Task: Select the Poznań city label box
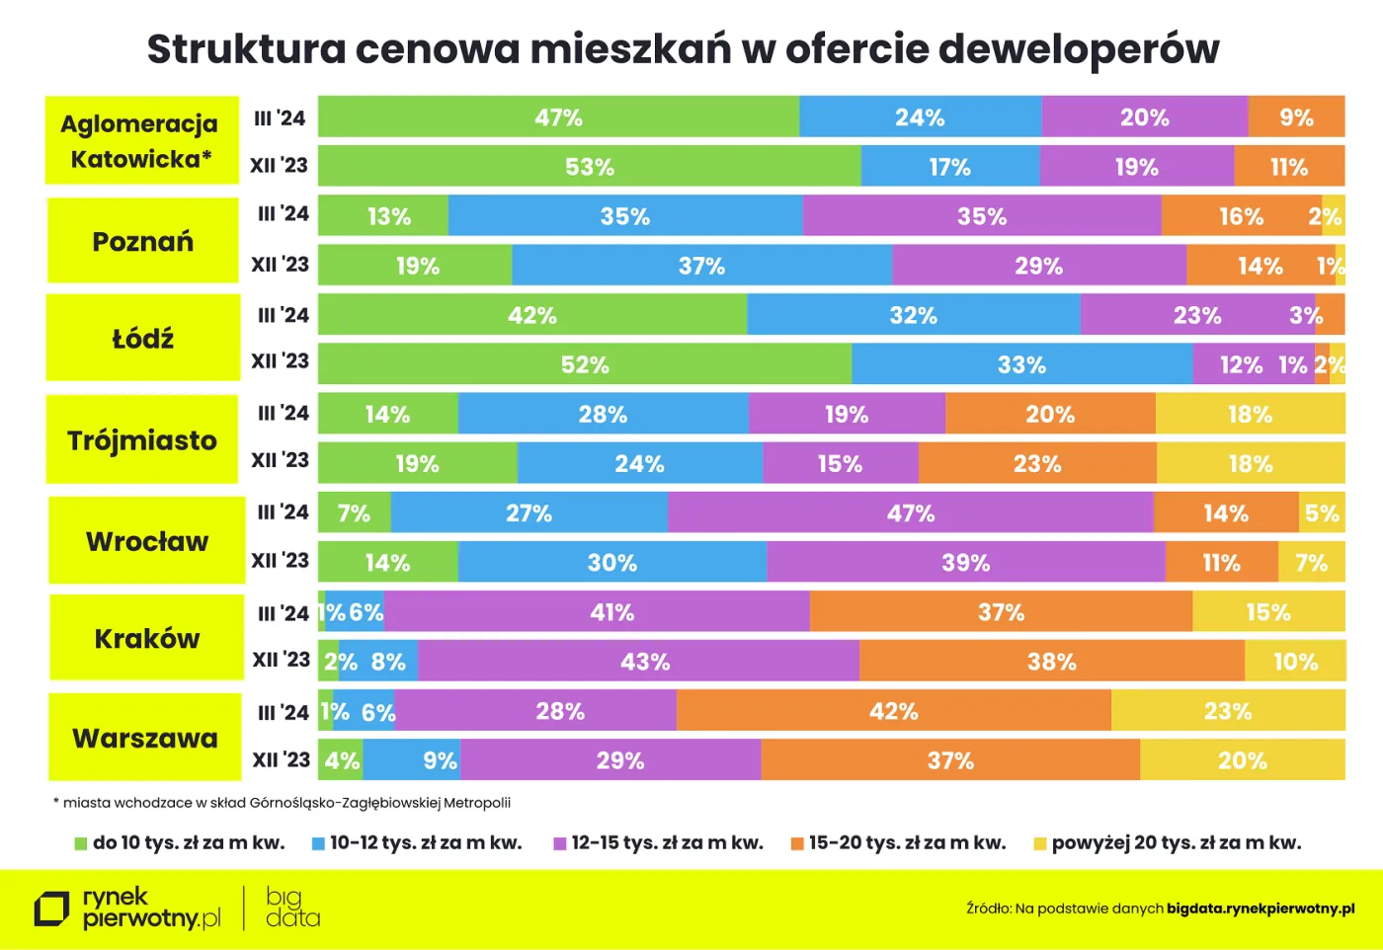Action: tap(143, 241)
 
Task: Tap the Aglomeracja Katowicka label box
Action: tap(141, 140)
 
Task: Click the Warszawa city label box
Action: tap(145, 738)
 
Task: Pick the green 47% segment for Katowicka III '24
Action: tap(558, 118)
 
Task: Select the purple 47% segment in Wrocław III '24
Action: tap(910, 514)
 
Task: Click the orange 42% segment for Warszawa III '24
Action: tap(893, 711)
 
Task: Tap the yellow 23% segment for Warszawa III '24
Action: tap(1227, 711)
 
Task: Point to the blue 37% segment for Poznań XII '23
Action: tap(701, 266)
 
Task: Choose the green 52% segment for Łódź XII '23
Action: tap(585, 364)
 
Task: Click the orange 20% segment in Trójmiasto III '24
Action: tap(1049, 414)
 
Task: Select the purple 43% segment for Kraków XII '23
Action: tap(644, 662)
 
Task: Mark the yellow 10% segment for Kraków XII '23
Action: tap(1294, 662)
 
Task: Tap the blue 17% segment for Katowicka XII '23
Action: tap(949, 167)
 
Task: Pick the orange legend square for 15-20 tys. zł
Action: tap(796, 843)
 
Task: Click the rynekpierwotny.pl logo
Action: tap(128, 909)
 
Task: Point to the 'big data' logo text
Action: tap(291, 908)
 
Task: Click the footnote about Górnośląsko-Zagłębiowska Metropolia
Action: tap(283, 803)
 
